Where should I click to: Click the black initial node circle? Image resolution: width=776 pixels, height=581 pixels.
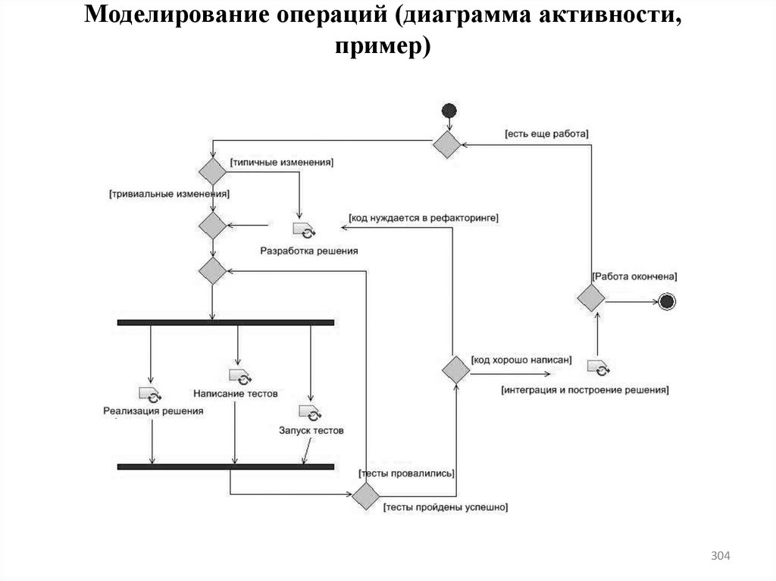(449, 111)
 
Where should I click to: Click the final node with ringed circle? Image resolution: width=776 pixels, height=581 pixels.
(667, 302)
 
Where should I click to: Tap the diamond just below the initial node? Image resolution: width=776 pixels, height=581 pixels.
(446, 144)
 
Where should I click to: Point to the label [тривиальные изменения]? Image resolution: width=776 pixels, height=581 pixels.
(170, 194)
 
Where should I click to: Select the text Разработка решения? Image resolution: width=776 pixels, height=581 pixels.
(308, 250)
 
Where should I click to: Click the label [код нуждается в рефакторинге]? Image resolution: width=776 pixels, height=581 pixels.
(423, 217)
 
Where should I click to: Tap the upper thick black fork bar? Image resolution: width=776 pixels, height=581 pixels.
(227, 323)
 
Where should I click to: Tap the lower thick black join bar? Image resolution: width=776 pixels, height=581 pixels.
(227, 466)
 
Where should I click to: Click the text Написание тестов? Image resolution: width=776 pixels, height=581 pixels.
(236, 394)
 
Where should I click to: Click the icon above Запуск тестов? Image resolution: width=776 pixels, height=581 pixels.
(310, 412)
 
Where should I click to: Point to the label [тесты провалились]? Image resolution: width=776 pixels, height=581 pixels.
(407, 473)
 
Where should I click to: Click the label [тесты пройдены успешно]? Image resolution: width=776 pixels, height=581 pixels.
(446, 507)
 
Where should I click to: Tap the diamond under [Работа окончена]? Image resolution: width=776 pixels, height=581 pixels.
(591, 297)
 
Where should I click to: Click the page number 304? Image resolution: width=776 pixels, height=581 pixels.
(720, 557)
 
